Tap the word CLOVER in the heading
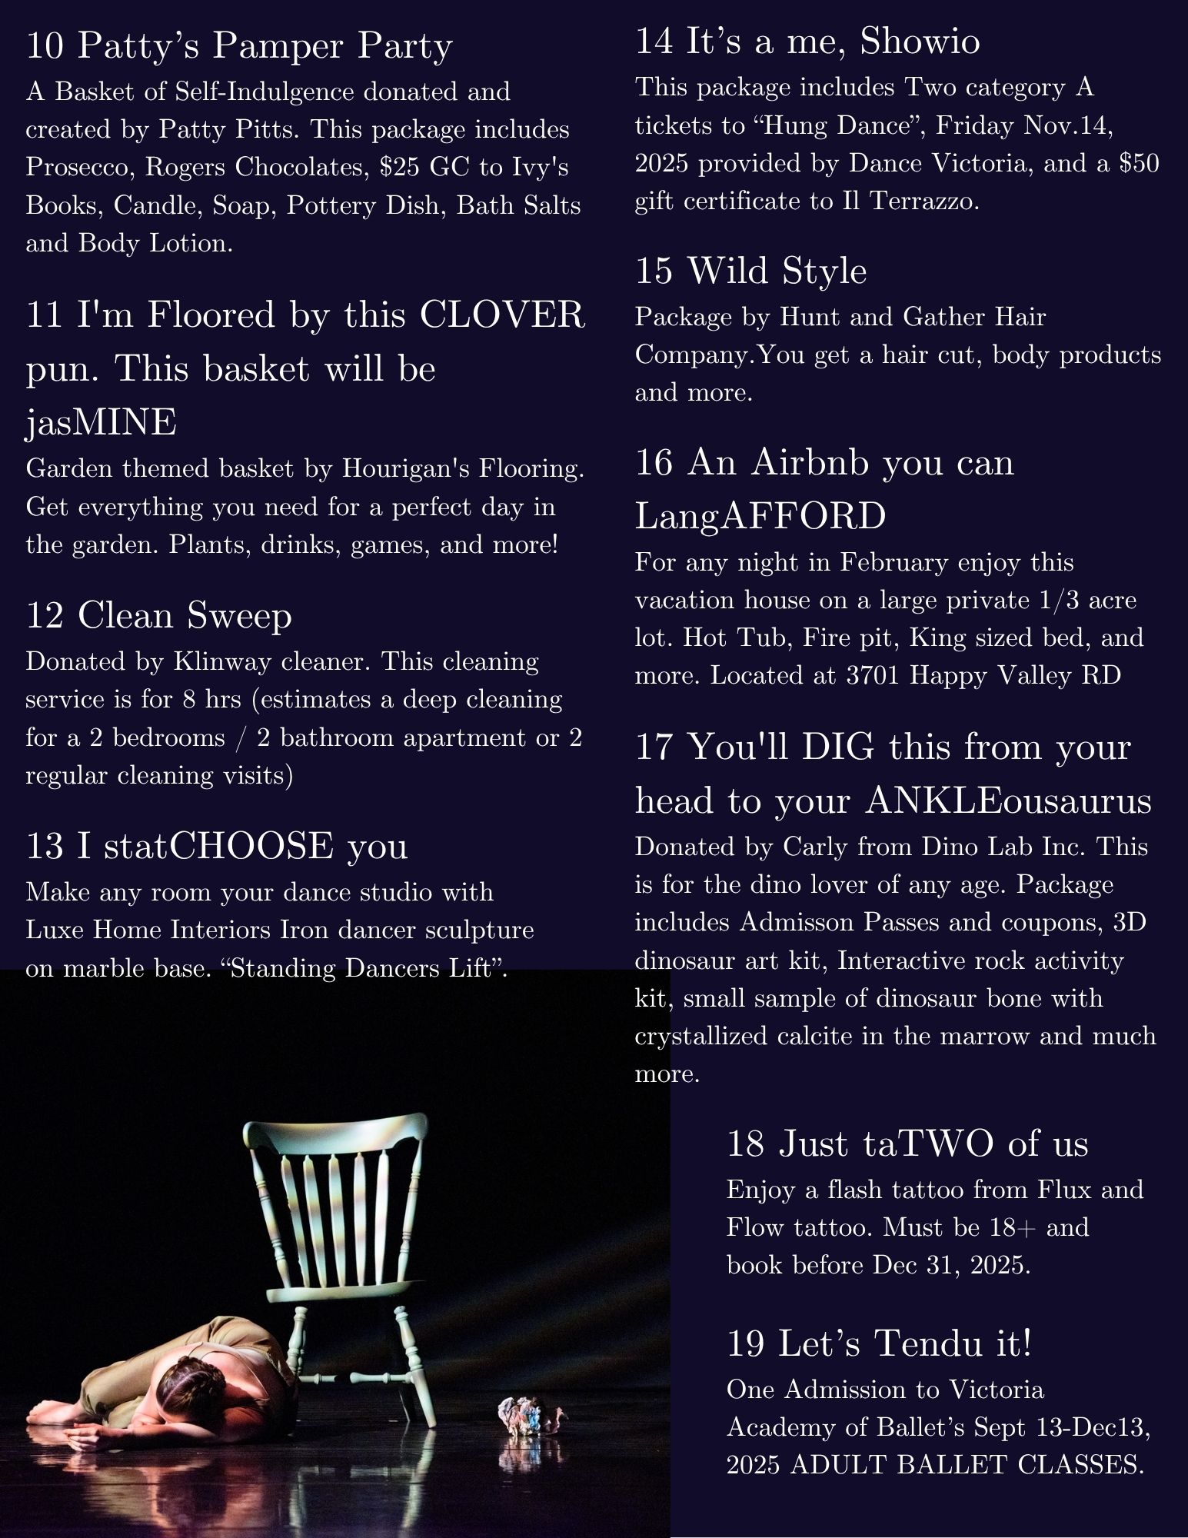(502, 315)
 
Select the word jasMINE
(101, 424)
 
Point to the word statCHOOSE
(218, 845)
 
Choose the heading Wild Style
(777, 271)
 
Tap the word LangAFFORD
(760, 515)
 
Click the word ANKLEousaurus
(1008, 801)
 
